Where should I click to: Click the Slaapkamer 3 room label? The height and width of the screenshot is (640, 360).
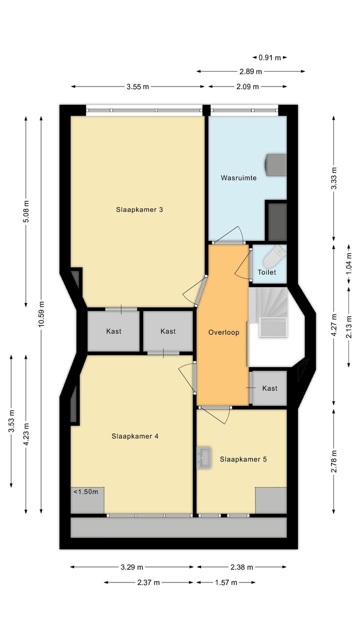click(139, 210)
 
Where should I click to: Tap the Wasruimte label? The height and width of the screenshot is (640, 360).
click(238, 178)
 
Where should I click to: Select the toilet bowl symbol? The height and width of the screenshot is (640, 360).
click(274, 256)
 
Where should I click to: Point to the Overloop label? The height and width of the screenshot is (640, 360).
click(224, 332)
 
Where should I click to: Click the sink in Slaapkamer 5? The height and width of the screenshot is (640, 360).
click(204, 458)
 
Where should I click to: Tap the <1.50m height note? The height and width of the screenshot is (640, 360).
click(86, 492)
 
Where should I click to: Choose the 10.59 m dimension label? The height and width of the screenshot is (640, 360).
click(41, 314)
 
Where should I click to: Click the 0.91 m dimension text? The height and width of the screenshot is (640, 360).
click(270, 58)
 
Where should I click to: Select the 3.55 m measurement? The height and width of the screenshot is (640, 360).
click(138, 87)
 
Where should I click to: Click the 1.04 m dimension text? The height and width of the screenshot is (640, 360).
click(349, 264)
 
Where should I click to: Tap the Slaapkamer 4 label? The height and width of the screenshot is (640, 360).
click(135, 436)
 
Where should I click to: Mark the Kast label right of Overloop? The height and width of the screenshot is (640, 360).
click(270, 388)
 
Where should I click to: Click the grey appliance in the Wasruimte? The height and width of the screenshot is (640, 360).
click(276, 165)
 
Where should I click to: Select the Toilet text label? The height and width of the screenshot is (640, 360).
click(267, 272)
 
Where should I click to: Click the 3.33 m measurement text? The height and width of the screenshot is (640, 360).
click(333, 178)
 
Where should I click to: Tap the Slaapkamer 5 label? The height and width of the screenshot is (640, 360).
click(243, 459)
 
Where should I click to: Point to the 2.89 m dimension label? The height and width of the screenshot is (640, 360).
click(250, 72)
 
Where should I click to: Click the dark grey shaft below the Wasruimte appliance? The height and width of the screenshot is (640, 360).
click(277, 222)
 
